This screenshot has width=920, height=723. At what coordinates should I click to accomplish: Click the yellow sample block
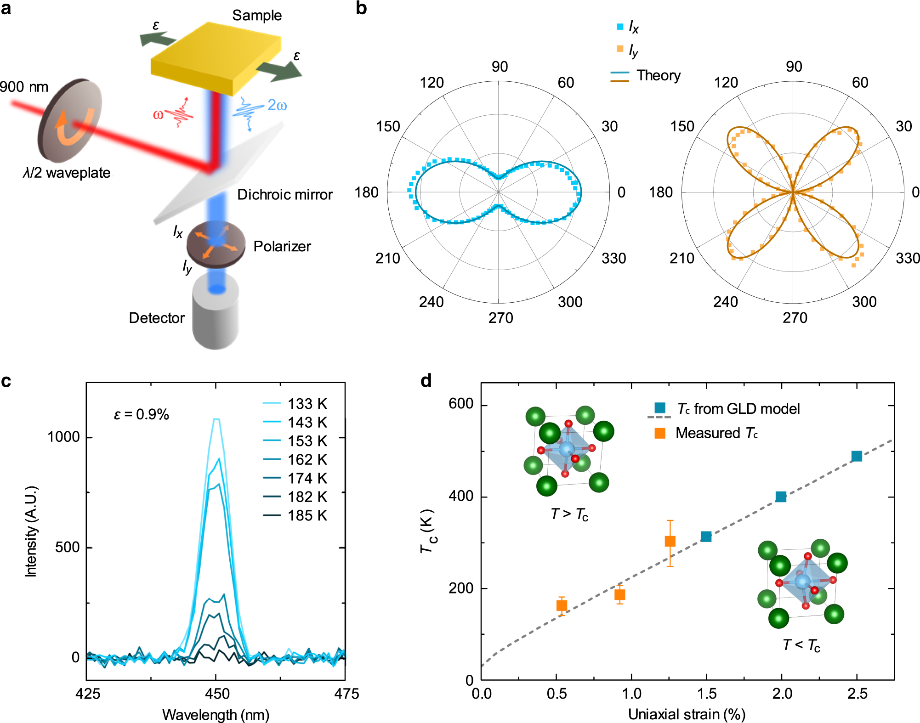216,55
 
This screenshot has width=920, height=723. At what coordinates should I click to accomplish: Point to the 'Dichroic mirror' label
284,195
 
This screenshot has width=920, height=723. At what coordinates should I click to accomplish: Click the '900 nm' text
24,87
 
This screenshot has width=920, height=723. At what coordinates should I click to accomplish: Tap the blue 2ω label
277,106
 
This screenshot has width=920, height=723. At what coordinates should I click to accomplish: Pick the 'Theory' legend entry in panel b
658,75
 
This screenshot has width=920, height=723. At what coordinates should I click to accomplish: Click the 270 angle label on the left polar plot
500,318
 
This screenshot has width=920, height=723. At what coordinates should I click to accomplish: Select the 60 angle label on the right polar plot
860,83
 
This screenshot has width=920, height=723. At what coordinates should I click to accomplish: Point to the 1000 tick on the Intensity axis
64,437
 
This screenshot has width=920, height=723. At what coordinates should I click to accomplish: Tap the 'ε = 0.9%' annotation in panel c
142,415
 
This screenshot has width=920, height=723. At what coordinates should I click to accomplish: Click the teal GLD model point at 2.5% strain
856,456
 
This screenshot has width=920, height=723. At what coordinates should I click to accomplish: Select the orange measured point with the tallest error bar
670,541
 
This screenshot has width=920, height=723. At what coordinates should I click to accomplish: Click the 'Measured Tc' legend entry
716,433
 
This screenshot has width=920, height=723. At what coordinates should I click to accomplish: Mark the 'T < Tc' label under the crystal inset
801,645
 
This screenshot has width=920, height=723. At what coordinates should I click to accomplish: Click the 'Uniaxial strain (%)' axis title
687,714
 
